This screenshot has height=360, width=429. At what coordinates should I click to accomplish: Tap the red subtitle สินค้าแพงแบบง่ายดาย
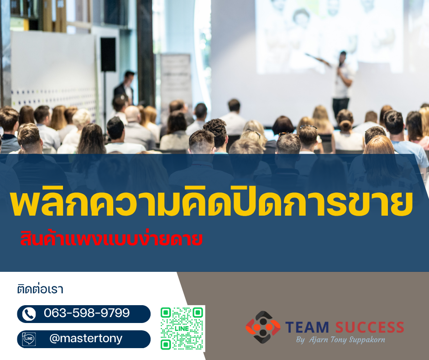(111, 239)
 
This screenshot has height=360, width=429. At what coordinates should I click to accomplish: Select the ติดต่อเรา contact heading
(40, 289)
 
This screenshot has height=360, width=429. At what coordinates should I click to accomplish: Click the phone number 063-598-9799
(87, 313)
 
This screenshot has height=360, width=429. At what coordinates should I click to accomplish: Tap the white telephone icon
(29, 314)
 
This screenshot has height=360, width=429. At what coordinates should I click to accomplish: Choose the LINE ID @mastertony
(85, 339)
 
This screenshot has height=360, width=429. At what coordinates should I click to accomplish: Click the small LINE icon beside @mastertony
(29, 339)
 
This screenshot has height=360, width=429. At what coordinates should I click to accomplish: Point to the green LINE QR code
(182, 328)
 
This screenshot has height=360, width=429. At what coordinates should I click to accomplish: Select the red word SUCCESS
(370, 327)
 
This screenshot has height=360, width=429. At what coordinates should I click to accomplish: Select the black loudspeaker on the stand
(108, 54)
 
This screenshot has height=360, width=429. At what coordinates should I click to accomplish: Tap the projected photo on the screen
(329, 32)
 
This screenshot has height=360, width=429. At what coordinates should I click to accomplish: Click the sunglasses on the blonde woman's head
(254, 132)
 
